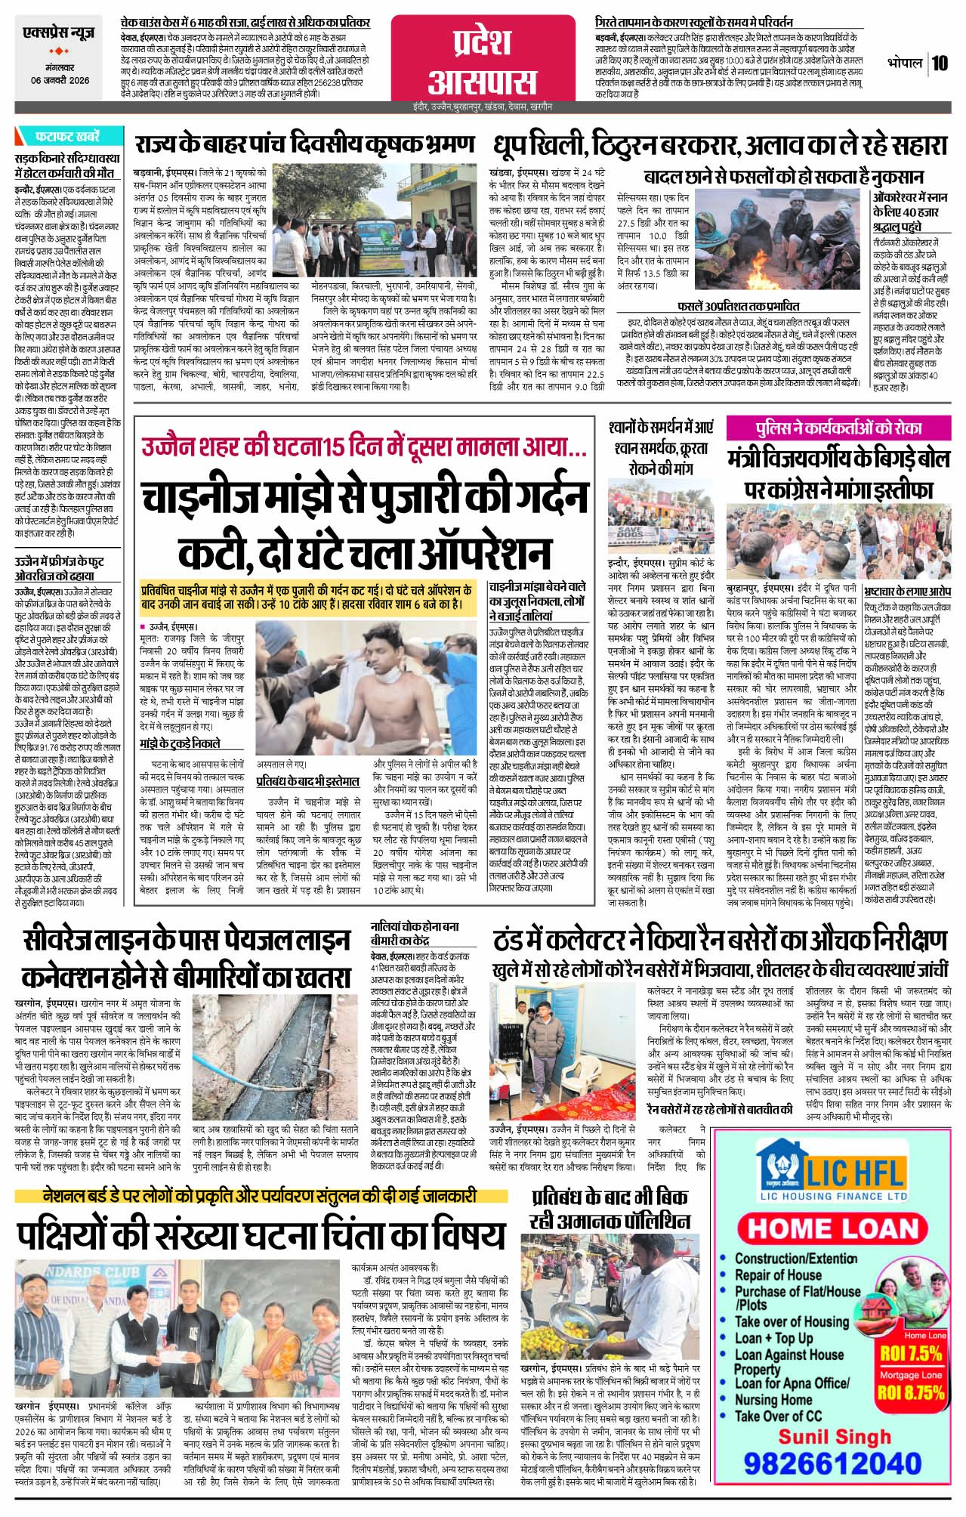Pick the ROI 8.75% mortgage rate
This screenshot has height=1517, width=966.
pos(911,1392)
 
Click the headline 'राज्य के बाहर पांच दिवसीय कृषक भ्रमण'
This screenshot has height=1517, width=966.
pos(304,144)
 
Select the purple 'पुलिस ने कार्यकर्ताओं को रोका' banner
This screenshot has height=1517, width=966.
pos(841,428)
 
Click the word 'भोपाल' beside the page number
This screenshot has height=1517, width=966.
pos(905,63)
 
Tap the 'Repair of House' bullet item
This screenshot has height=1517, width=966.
pos(777,1274)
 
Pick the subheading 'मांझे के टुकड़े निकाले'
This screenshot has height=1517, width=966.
pos(180,743)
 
